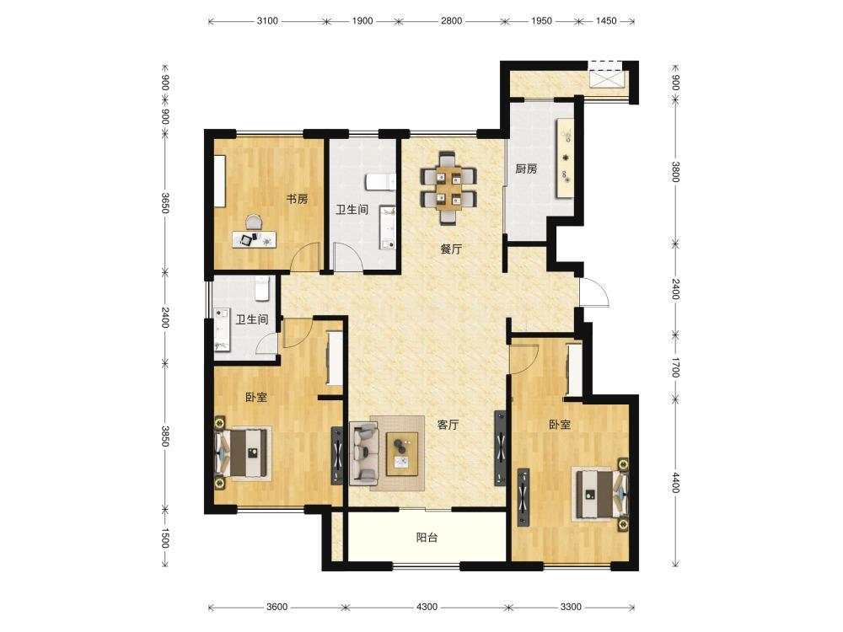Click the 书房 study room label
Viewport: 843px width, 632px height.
point(297,200)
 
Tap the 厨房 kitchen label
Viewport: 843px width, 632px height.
point(526,169)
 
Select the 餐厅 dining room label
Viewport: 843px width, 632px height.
point(450,249)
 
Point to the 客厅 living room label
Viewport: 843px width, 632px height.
point(448,425)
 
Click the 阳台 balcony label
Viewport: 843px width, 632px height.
point(427,538)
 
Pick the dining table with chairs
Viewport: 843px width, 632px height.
point(448,188)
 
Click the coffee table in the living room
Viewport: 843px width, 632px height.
point(403,453)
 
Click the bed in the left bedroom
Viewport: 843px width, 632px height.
point(243,453)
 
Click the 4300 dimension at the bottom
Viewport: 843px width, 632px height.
point(427,607)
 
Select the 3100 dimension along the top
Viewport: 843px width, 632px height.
point(267,21)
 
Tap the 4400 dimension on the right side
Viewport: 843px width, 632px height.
point(676,482)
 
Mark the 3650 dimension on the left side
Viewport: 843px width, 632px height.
point(165,203)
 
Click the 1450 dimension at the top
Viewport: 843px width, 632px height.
point(606,21)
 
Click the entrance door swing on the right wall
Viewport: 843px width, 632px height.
point(594,292)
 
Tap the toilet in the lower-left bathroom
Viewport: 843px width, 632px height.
point(261,287)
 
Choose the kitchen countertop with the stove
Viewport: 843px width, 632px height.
point(566,158)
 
